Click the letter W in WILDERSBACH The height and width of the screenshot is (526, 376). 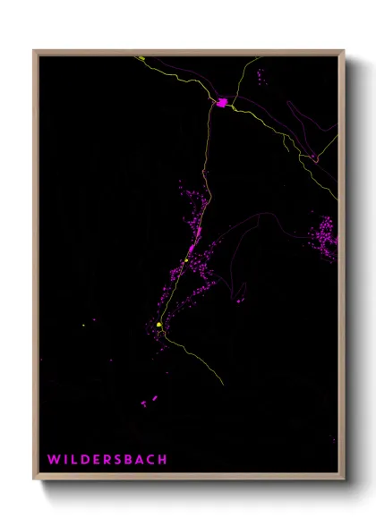[x=54, y=460]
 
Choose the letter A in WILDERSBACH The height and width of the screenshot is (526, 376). [x=140, y=460]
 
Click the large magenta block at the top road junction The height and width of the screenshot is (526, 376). [x=221, y=103]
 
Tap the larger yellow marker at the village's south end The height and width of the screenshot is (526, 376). [x=159, y=325]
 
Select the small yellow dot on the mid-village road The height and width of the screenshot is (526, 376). [x=185, y=260]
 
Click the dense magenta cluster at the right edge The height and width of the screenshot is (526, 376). [x=324, y=238]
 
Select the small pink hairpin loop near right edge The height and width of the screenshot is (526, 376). [x=314, y=157]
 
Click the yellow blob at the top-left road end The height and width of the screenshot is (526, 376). [x=140, y=59]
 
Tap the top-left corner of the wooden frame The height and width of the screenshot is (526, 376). [x=35, y=51]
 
